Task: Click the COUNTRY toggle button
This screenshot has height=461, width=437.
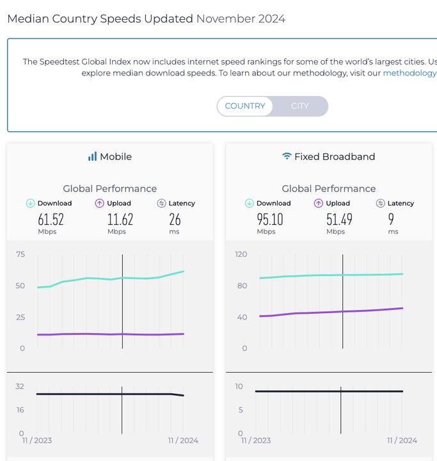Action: coord(245,106)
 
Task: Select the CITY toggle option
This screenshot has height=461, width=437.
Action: coord(299,106)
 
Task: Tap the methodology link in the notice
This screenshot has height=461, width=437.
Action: coord(409,73)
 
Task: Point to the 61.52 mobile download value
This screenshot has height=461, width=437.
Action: coord(51,220)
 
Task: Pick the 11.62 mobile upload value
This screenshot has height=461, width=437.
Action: coord(120,220)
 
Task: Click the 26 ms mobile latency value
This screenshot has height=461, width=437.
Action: coord(175,220)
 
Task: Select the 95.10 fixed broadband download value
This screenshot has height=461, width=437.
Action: coord(270,220)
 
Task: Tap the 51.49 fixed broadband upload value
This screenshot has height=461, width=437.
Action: coord(339,220)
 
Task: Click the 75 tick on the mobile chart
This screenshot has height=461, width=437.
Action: coord(20,254)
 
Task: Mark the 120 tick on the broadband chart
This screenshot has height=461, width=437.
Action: coord(241,254)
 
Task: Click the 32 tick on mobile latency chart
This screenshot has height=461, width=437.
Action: coord(20,387)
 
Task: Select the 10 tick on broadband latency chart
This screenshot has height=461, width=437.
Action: coord(239,387)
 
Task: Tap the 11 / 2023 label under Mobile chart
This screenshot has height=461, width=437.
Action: coord(36,441)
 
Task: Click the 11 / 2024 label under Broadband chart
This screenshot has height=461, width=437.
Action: coord(402,441)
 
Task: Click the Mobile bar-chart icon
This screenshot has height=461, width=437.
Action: coord(92,156)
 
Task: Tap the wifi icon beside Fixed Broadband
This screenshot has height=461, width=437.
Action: coord(287,156)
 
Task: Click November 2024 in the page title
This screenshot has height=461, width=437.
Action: coord(241,19)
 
